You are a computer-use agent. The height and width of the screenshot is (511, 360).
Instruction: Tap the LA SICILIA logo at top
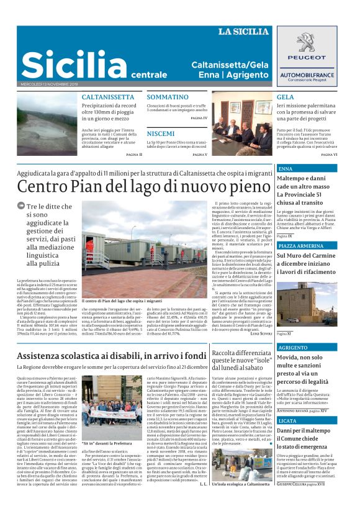[243, 32]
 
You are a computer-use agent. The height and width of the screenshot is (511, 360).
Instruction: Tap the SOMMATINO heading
[168, 97]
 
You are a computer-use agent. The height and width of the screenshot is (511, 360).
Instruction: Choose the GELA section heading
[286, 97]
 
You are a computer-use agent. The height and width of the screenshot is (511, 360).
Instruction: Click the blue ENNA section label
[286, 169]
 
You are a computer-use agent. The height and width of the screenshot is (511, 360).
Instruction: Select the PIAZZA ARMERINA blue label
[301, 246]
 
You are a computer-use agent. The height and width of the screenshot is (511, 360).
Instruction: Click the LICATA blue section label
[288, 420]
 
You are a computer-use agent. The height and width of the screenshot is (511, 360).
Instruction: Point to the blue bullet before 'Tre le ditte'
[21, 207]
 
